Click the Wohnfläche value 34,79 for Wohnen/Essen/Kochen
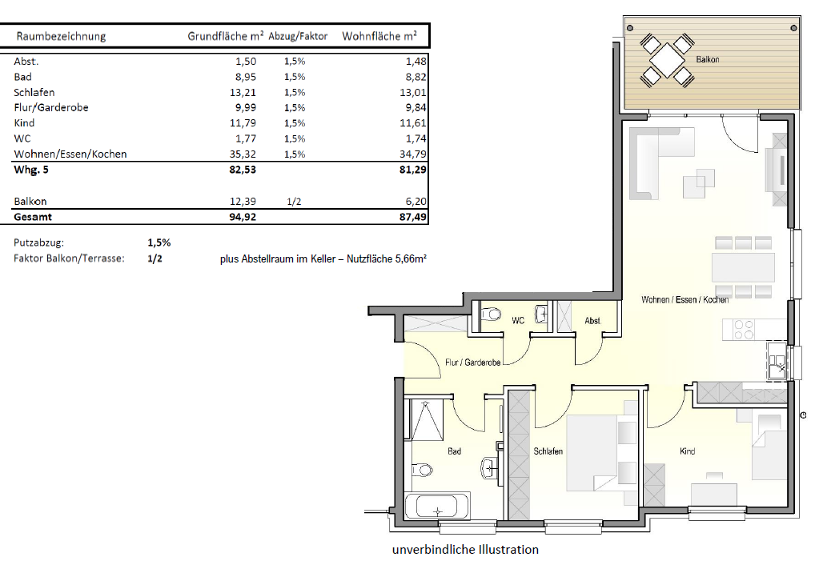pos(412,154)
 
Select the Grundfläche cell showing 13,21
pos(243,92)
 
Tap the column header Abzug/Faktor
pos(298,36)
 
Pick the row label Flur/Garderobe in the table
pos(51,107)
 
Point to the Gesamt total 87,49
pos(412,217)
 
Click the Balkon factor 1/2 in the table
pos(294,202)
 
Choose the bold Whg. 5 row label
pos(31,170)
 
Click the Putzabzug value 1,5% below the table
pos(159,242)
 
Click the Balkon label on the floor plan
pos(707,59)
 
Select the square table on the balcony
pos(667,61)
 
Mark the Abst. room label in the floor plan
pos(593,321)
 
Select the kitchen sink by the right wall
pos(777,361)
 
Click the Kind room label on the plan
pos(688,451)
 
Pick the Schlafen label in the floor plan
pos(548,451)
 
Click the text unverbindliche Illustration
pos(465,550)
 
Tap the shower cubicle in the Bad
pos(428,420)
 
